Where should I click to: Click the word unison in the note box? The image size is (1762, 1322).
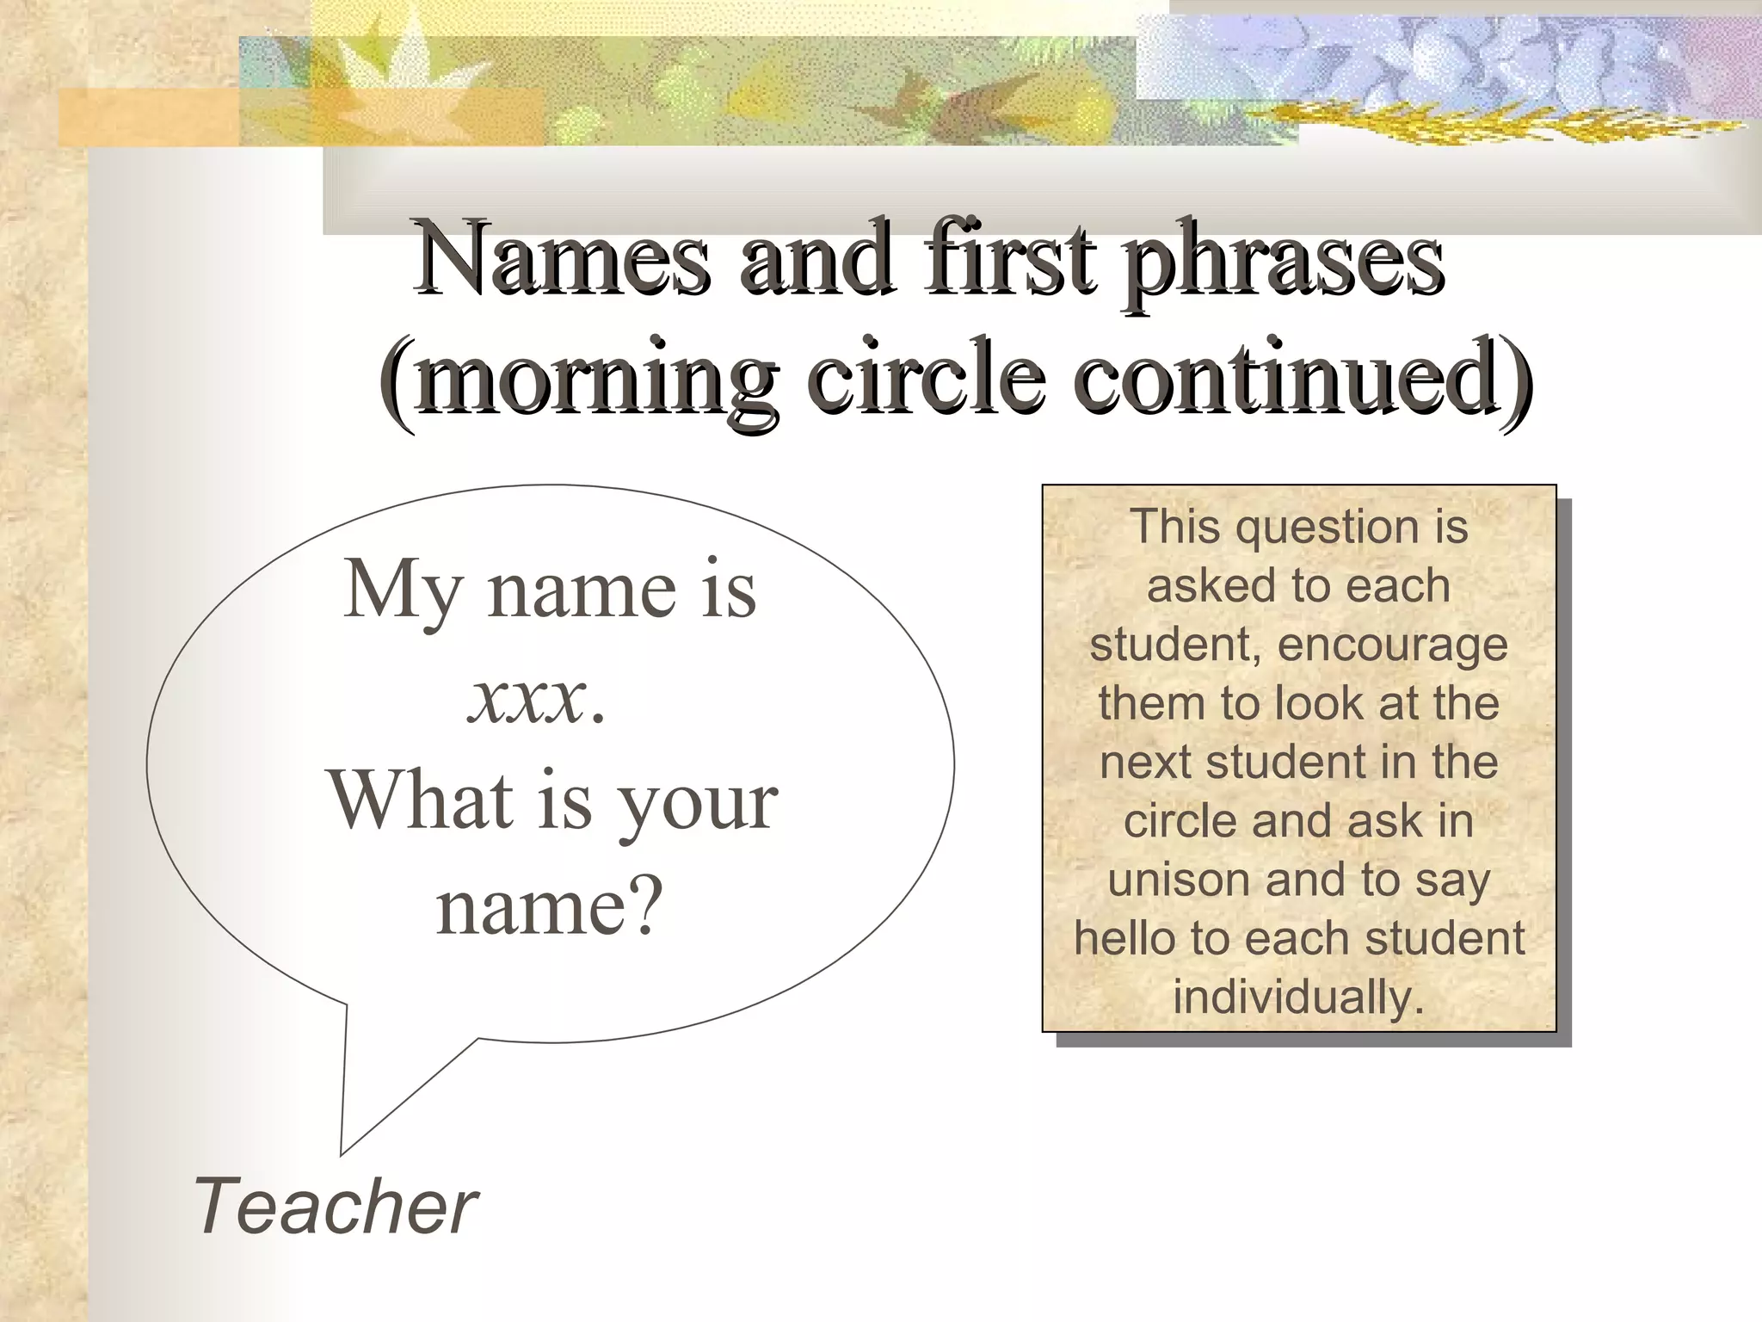pos(1173,880)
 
